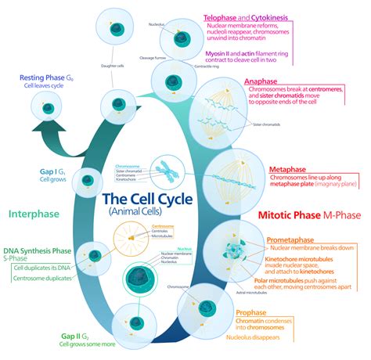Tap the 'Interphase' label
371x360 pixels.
(32, 213)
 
